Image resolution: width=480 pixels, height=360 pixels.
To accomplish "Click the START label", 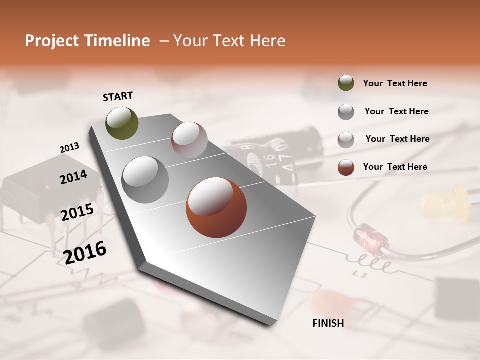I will point(118,96).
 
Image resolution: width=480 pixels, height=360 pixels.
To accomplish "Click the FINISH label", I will point(328,323).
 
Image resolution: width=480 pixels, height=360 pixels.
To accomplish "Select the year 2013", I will point(69,148).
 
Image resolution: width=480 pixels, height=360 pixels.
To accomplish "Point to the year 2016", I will point(85,252).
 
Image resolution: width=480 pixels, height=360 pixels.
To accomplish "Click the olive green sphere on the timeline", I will point(122,123).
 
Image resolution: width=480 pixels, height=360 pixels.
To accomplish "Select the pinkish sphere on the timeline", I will point(189,139).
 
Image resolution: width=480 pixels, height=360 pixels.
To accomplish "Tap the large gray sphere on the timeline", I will point(145,179).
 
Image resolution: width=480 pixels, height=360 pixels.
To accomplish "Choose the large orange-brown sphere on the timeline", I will point(216,207).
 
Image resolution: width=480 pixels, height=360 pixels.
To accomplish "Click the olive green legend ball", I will point(346,83).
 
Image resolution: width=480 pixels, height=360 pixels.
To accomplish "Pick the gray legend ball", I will point(346,111).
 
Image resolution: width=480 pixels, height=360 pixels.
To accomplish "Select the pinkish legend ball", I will point(346,139).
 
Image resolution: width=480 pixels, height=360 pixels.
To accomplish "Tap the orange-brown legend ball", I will point(346,167).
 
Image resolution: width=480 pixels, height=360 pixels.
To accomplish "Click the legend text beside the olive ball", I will point(395,84).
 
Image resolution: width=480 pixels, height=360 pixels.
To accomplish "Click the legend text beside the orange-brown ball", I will point(395,167).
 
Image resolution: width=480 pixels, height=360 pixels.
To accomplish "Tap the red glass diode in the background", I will point(371,238).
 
